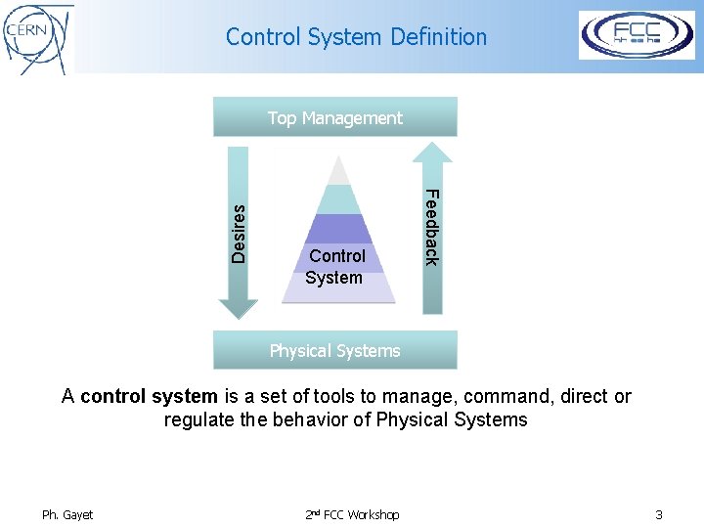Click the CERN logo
pos(37,37)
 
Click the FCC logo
pos(637,35)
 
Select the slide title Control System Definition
pos(356,37)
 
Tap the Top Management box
pos(335,117)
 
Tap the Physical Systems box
pos(335,350)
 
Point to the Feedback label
pos(431,226)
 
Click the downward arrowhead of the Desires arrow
pos(239,308)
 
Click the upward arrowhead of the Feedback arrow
pos(431,153)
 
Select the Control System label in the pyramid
pos(335,267)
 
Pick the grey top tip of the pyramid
pos(337,172)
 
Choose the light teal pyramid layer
pos(337,199)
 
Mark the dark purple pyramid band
pos(337,229)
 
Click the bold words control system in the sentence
pos(149,396)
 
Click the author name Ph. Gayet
pos(67,514)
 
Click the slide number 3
pos(659,514)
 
